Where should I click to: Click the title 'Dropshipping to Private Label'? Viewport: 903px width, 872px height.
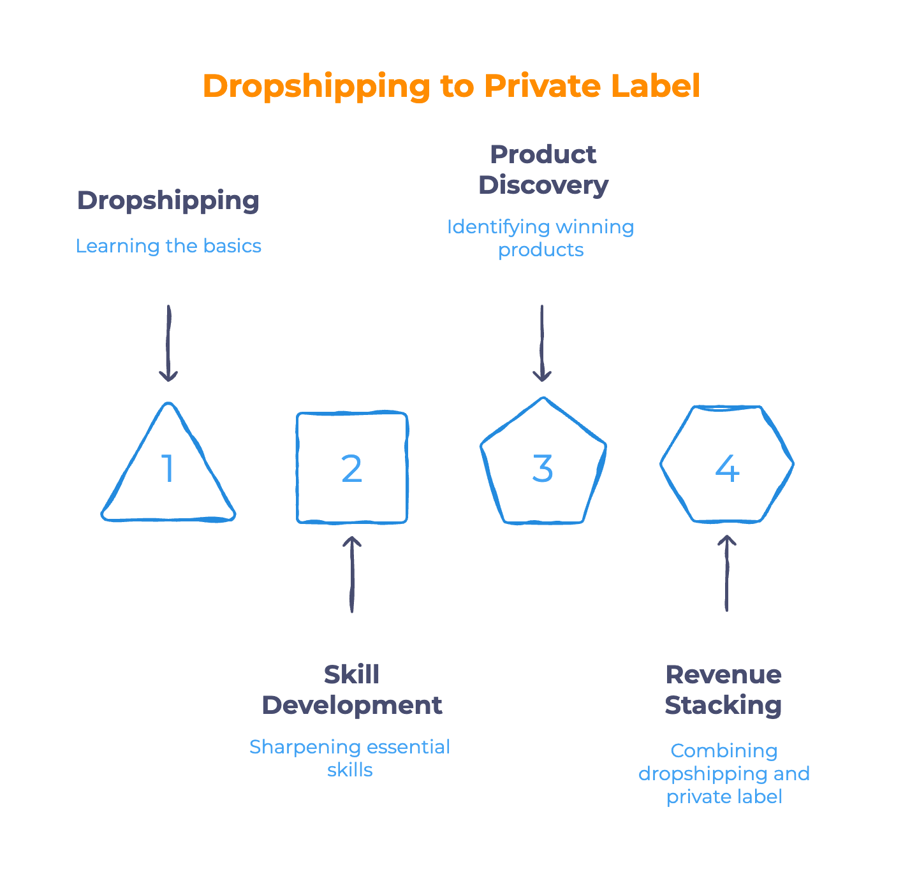pyautogui.click(x=451, y=86)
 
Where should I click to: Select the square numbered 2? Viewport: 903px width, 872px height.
pyautogui.click(x=352, y=469)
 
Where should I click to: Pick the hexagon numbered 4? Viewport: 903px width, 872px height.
pyautogui.click(x=727, y=465)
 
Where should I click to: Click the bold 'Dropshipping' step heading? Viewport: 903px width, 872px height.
pyautogui.click(x=168, y=201)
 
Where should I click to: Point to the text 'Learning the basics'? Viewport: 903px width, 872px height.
pyautogui.click(x=168, y=246)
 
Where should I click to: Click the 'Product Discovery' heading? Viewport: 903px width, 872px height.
pyautogui.click(x=543, y=170)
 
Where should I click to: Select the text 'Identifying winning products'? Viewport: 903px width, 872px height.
pyautogui.click(x=541, y=238)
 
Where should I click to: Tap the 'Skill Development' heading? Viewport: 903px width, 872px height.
pyautogui.click(x=351, y=690)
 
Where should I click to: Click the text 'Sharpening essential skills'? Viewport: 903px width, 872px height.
pyautogui.click(x=349, y=758)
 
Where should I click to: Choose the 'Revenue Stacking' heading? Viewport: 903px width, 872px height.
pyautogui.click(x=723, y=690)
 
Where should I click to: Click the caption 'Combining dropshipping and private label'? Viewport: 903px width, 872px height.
pyautogui.click(x=724, y=773)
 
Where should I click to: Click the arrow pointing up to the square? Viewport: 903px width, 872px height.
pyautogui.click(x=351, y=574)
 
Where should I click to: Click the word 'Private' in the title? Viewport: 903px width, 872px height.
pyautogui.click(x=541, y=86)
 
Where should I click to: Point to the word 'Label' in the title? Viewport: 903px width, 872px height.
pyautogui.click(x=655, y=86)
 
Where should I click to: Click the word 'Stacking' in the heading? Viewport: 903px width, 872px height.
pyautogui.click(x=723, y=706)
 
